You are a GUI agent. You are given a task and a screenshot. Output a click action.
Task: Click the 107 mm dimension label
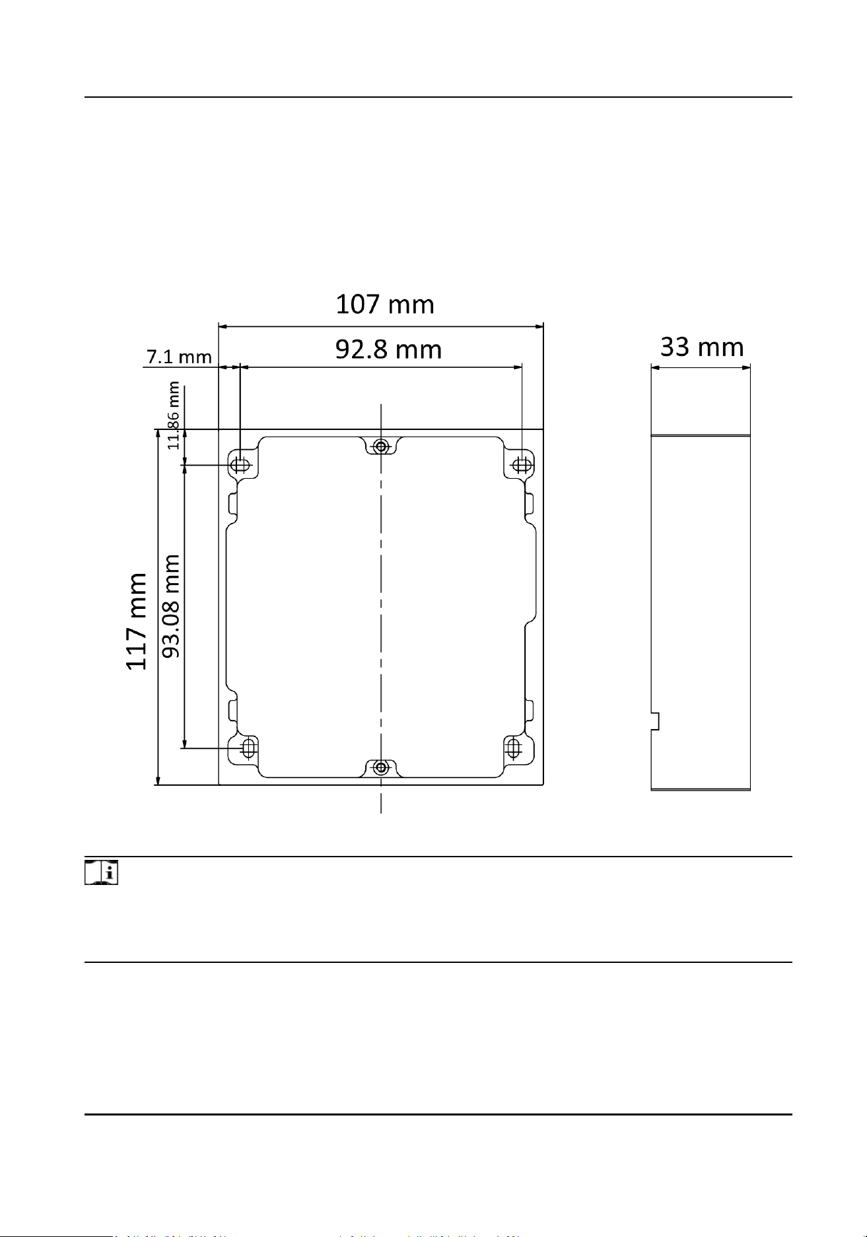[x=385, y=305]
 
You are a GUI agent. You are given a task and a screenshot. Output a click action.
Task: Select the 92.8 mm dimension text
[x=388, y=349]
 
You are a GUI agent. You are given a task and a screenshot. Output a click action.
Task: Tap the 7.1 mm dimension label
[x=179, y=357]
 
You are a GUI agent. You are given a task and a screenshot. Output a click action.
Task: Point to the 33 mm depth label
[x=702, y=347]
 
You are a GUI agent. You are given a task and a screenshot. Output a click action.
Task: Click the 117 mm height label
[x=137, y=621]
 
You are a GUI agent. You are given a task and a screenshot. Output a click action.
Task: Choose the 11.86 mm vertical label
[x=174, y=415]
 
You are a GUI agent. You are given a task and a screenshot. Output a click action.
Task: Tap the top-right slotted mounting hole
[x=522, y=465]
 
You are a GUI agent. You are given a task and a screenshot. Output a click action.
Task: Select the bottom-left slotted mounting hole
[x=248, y=748]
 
